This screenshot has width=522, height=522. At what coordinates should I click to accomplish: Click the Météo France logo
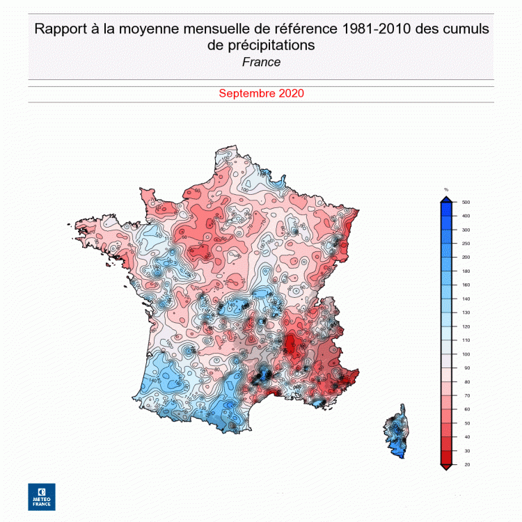pyautogui.click(x=42, y=496)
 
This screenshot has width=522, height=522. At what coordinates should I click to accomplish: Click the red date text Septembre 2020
pyautogui.click(x=261, y=93)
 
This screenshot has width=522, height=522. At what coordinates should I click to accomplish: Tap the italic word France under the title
pyautogui.click(x=261, y=62)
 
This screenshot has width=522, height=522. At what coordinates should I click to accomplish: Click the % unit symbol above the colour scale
pyautogui.click(x=446, y=189)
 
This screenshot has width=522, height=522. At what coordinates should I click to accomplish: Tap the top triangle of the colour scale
pyautogui.click(x=446, y=198)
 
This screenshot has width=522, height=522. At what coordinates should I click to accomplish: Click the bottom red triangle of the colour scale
pyautogui.click(x=446, y=467)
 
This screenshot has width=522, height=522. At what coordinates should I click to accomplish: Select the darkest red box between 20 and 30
pyautogui.click(x=446, y=457)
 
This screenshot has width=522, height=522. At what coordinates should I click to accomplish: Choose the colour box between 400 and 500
pyautogui.click(x=446, y=209)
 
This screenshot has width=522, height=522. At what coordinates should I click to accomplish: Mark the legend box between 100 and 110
pyautogui.click(x=446, y=347)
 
